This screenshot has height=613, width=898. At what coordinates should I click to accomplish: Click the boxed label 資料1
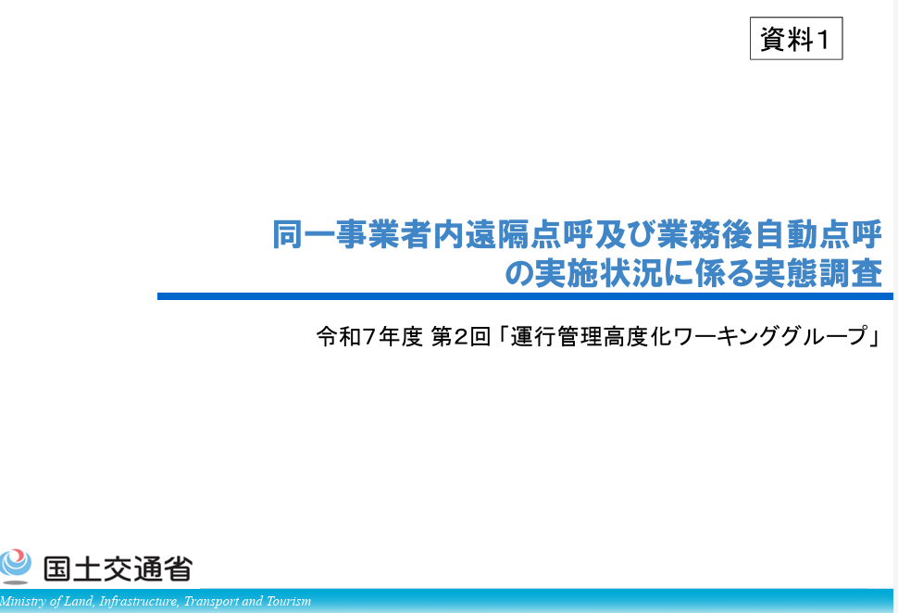[796, 38]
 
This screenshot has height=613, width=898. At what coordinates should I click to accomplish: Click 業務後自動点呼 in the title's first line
[769, 234]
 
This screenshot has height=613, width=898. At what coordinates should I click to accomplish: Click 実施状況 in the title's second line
[597, 273]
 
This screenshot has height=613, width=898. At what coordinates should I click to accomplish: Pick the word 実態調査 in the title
[817, 273]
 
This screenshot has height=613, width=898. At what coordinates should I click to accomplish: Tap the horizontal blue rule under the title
[525, 296]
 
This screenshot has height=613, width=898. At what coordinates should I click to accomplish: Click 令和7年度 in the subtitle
[369, 336]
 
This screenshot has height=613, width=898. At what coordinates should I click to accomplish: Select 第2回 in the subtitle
[460, 336]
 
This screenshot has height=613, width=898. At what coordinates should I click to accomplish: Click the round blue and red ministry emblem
[15, 566]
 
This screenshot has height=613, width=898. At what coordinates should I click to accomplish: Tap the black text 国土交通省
[118, 569]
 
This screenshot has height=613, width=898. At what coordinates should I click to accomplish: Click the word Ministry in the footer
[23, 601]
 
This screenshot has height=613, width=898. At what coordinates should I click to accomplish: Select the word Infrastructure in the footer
[138, 601]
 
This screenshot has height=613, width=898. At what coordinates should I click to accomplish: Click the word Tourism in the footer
[289, 601]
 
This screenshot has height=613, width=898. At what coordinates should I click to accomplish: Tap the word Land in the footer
[78, 601]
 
